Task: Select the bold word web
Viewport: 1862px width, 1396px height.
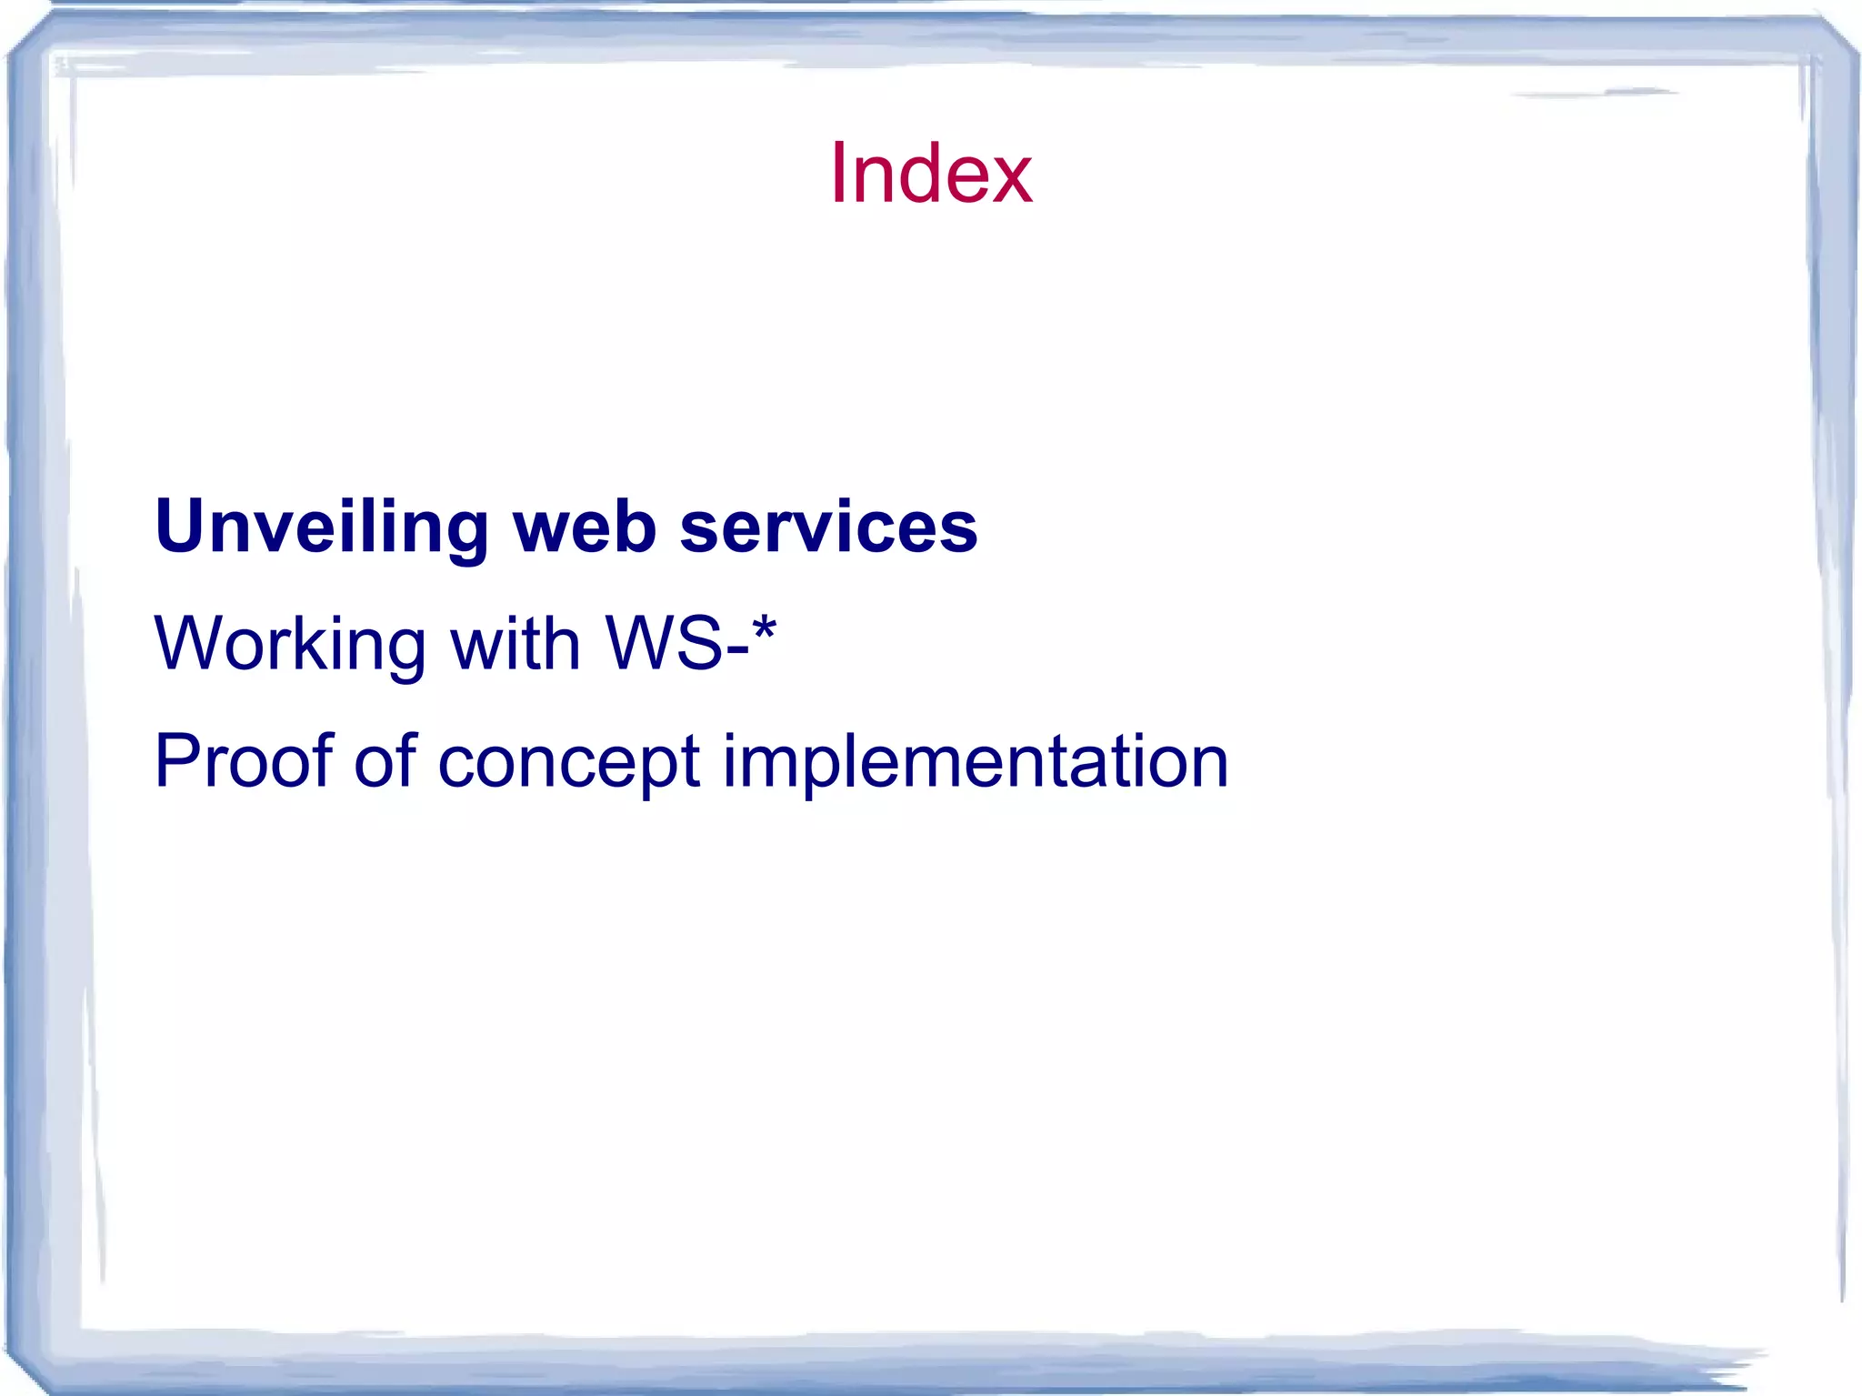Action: [x=585, y=527]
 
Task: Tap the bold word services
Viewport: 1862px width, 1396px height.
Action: [x=828, y=527]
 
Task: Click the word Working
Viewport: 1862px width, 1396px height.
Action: [x=290, y=644]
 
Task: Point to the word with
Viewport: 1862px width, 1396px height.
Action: [x=516, y=644]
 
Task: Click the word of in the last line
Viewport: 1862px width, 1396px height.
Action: [x=385, y=761]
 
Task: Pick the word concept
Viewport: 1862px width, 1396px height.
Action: [x=568, y=761]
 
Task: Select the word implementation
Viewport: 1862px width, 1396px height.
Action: [x=975, y=761]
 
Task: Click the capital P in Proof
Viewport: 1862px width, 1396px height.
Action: [x=176, y=761]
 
